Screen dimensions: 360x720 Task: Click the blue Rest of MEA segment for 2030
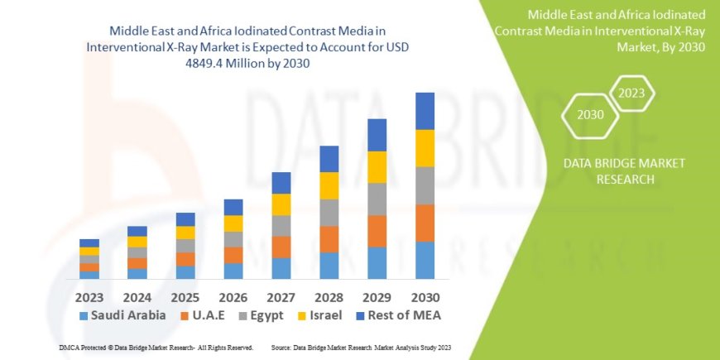(425, 111)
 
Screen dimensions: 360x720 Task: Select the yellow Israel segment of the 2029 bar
(377, 167)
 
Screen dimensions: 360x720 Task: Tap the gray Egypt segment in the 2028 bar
(329, 213)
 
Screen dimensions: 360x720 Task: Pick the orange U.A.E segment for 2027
(281, 247)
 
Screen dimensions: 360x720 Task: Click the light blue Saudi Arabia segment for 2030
(425, 260)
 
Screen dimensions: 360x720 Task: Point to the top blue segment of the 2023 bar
(89, 243)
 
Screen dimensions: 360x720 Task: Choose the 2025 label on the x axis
(185, 296)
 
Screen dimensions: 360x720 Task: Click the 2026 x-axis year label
(233, 296)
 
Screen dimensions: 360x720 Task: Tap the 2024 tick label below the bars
(137, 296)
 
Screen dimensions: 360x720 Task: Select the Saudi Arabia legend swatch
(84, 315)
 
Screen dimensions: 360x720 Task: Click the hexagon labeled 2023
(632, 94)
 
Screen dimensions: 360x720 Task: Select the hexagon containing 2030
(590, 115)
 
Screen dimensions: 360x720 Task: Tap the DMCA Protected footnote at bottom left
(143, 348)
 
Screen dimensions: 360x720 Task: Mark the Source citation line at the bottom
(360, 348)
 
